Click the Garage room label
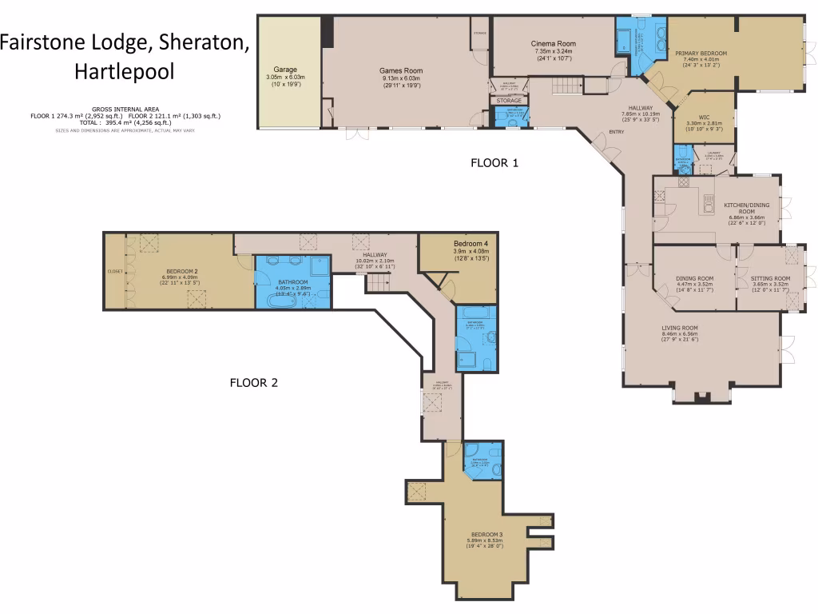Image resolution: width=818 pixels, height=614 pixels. tap(285, 70)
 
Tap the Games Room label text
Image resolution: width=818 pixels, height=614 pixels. tap(401, 71)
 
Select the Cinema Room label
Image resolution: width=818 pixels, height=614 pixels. tap(554, 44)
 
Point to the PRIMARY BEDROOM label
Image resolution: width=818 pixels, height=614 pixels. tap(697, 54)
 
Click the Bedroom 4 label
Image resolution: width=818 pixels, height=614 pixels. tap(470, 243)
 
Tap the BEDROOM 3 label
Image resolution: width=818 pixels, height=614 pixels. tap(486, 534)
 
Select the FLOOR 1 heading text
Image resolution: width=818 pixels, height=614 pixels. tap(494, 163)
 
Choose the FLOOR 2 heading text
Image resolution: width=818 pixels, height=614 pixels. tap(253, 382)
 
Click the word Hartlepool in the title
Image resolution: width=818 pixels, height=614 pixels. tap(124, 71)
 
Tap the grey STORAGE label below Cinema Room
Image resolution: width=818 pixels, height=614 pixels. tap(509, 101)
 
